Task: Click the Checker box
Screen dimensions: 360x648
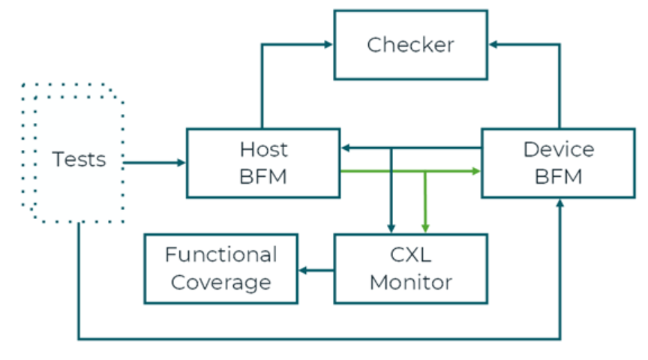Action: click(x=410, y=45)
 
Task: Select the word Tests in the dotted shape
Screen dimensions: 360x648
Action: click(x=79, y=160)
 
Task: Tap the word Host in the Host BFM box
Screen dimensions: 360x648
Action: click(x=263, y=149)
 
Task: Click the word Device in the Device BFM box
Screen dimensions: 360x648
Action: click(x=558, y=149)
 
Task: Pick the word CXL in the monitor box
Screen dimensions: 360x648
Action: click(x=410, y=255)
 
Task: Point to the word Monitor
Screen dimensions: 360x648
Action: click(x=410, y=283)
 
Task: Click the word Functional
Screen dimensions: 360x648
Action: click(x=220, y=255)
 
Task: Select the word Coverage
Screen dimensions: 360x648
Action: click(x=220, y=283)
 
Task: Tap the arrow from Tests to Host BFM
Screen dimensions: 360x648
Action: click(x=154, y=162)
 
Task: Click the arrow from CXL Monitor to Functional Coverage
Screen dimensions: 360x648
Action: click(x=316, y=269)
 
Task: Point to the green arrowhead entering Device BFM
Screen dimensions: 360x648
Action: click(x=475, y=172)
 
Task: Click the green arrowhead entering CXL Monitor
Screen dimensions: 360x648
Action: click(x=425, y=228)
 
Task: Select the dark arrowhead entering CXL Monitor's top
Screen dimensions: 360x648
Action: click(x=391, y=228)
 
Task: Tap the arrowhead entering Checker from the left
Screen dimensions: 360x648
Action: click(x=328, y=45)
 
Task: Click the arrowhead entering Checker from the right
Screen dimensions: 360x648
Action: click(x=493, y=45)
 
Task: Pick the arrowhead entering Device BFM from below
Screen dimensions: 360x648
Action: click(x=560, y=203)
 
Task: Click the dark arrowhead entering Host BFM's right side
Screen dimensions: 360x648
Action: click(x=346, y=148)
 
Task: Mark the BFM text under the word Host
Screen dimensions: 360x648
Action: click(x=263, y=177)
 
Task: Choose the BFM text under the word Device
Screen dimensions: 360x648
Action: click(x=558, y=177)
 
